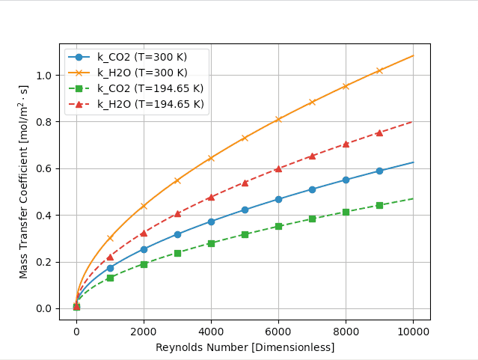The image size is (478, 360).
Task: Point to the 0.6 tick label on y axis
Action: coord(44,168)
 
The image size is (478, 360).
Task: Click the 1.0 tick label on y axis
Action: coord(44,76)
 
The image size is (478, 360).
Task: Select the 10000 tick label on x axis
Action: coord(413,332)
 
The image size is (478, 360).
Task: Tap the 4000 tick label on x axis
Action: coord(211,332)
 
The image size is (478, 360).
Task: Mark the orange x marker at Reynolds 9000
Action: coord(379,70)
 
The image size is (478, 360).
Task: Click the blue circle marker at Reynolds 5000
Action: coord(245,210)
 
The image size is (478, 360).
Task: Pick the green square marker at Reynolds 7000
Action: coord(312,219)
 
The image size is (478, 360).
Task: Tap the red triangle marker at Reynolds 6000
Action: coord(278,168)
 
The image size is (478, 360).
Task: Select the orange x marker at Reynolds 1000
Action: coord(110,238)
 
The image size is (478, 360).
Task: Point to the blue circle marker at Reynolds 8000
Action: coord(346,180)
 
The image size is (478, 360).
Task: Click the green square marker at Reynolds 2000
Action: coord(144,264)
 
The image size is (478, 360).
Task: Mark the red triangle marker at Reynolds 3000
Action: coord(177,213)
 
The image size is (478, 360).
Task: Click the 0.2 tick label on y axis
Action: coord(44,262)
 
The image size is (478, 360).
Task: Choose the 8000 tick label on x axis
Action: coord(346,332)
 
